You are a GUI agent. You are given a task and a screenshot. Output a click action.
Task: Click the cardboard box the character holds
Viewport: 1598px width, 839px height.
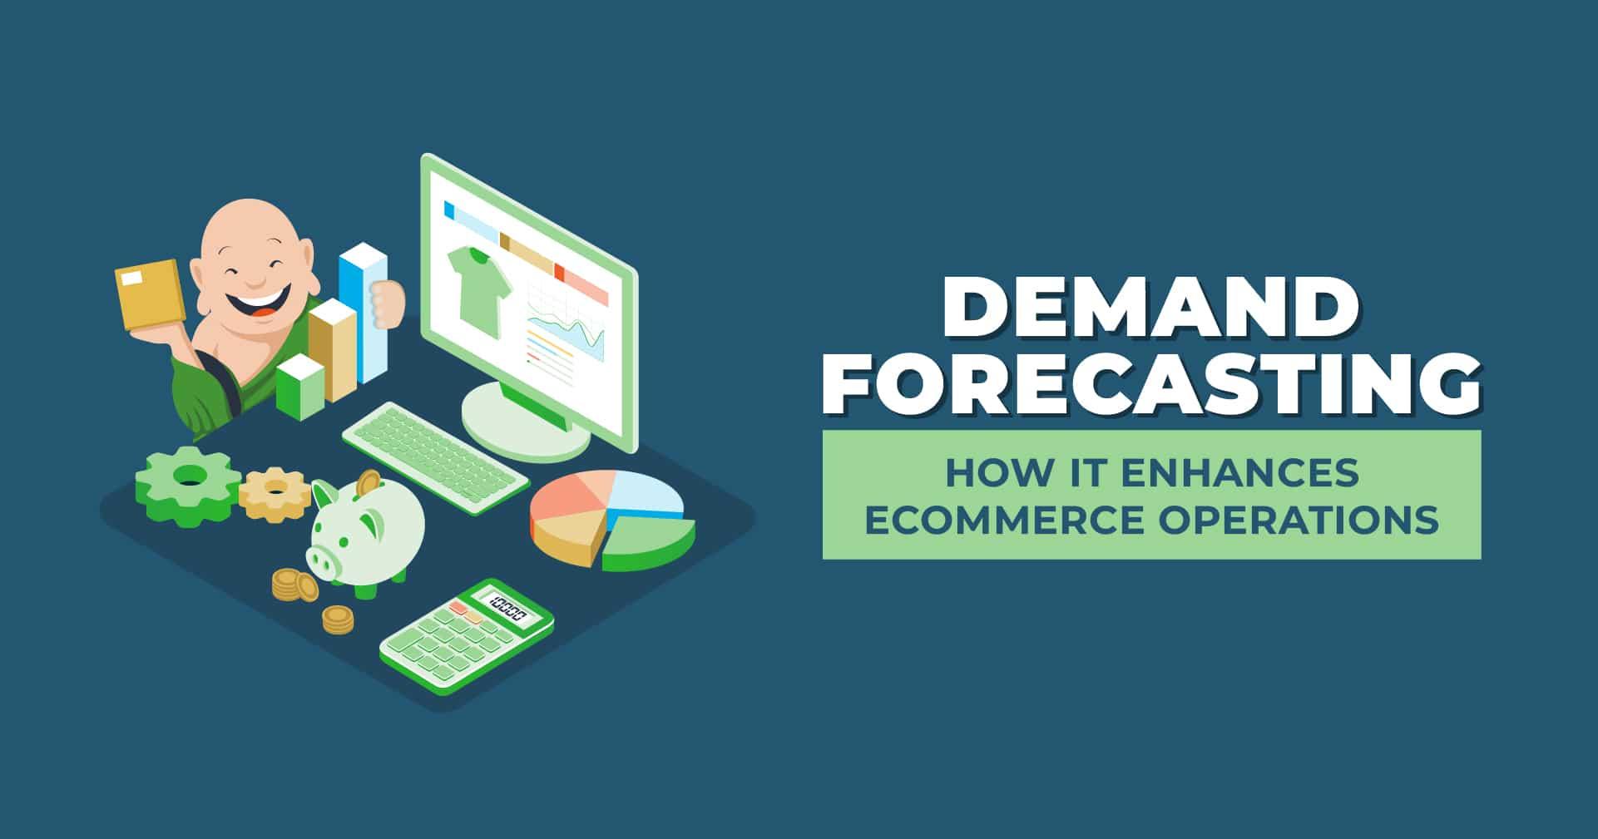[151, 295]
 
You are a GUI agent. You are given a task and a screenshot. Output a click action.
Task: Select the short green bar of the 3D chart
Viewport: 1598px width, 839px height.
[299, 387]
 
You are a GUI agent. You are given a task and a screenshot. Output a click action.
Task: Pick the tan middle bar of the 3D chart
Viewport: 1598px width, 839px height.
[333, 349]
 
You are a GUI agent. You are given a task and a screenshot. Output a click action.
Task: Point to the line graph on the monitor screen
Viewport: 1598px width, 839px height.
[568, 331]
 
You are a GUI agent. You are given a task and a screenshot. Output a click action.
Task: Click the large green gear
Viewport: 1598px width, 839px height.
[188, 486]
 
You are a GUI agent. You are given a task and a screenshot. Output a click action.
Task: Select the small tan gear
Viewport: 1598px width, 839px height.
[275, 494]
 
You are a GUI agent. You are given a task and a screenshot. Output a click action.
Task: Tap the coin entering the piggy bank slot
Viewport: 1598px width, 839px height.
[367, 482]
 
